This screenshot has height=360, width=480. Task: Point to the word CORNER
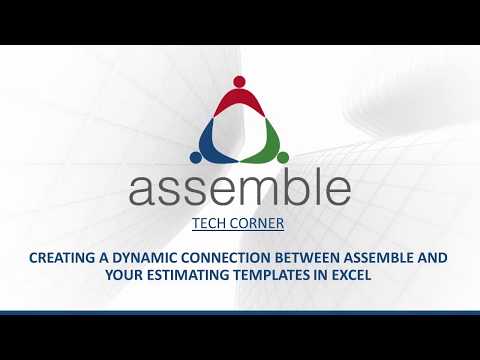pyautogui.click(x=259, y=224)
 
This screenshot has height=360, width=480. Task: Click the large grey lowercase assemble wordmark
pyautogui.click(x=239, y=188)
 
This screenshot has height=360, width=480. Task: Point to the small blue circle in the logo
pyautogui.click(x=197, y=156)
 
